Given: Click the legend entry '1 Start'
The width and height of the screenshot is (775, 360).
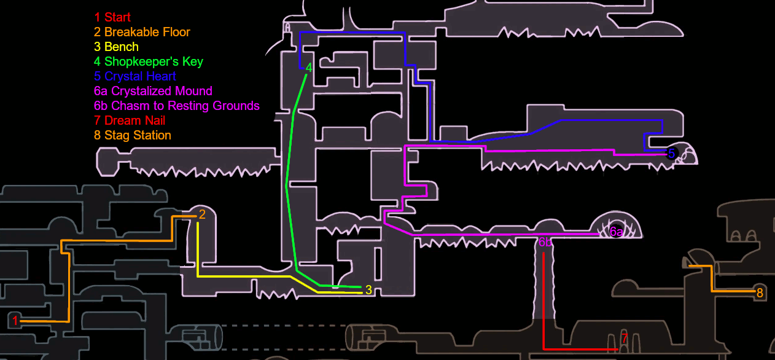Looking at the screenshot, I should click(112, 17).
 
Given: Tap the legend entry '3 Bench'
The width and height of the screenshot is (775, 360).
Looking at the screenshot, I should click(116, 47).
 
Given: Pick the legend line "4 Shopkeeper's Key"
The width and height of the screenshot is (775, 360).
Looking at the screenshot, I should click(149, 61).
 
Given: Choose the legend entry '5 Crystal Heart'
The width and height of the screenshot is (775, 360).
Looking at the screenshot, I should click(135, 76).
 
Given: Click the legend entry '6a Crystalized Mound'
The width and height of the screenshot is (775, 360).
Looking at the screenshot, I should click(153, 91).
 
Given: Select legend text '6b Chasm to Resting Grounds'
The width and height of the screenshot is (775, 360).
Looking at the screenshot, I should click(177, 106).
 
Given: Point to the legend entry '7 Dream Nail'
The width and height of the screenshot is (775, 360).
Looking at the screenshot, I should click(130, 120).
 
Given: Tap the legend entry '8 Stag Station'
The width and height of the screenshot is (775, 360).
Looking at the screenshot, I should click(133, 135).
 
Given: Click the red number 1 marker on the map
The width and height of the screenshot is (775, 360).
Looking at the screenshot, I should click(15, 320).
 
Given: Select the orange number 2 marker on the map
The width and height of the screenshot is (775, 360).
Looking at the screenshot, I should click(202, 214).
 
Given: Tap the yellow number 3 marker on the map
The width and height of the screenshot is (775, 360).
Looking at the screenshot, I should click(368, 290).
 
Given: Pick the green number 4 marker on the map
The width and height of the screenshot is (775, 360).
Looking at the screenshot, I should click(309, 68).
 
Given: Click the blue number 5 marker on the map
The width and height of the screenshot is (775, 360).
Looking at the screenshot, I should click(671, 154).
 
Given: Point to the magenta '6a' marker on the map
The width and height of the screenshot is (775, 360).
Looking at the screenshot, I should click(617, 232).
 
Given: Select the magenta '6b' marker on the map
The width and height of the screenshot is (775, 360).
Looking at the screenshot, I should click(545, 243).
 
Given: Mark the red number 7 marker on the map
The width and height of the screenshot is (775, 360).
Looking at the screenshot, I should click(625, 338).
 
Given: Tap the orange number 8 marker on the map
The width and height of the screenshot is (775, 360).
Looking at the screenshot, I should click(760, 293).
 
